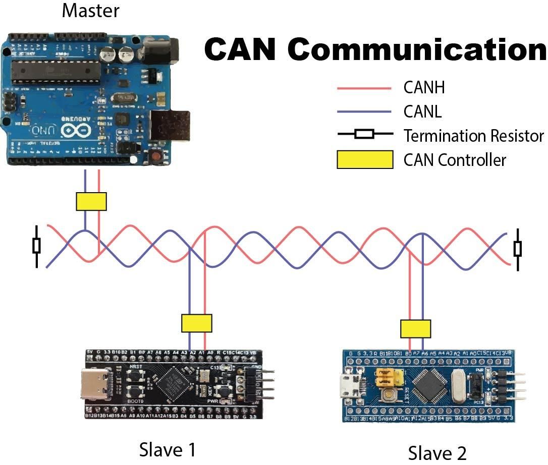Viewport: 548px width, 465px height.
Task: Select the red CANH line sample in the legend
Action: pyautogui.click(x=364, y=88)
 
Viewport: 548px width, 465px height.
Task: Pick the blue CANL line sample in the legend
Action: pyautogui.click(x=364, y=111)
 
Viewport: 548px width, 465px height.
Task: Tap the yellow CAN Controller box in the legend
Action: pyautogui.click(x=365, y=159)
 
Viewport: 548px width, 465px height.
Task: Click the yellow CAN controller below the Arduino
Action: pyautogui.click(x=91, y=201)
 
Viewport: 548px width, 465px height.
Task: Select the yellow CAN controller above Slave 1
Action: pyautogui.click(x=196, y=323)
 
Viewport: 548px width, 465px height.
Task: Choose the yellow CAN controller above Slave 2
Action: pyautogui.click(x=416, y=328)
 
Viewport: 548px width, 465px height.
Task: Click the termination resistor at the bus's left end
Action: pyautogui.click(x=36, y=246)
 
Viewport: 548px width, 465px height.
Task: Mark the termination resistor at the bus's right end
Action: pyautogui.click(x=517, y=249)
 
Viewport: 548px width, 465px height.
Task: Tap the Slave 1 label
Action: pyautogui.click(x=167, y=449)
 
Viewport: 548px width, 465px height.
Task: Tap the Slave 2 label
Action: pyautogui.click(x=437, y=452)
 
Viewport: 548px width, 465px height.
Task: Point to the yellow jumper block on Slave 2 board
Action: pyautogui.click(x=390, y=375)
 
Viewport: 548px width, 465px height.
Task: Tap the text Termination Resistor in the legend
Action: pyautogui.click(x=473, y=136)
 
